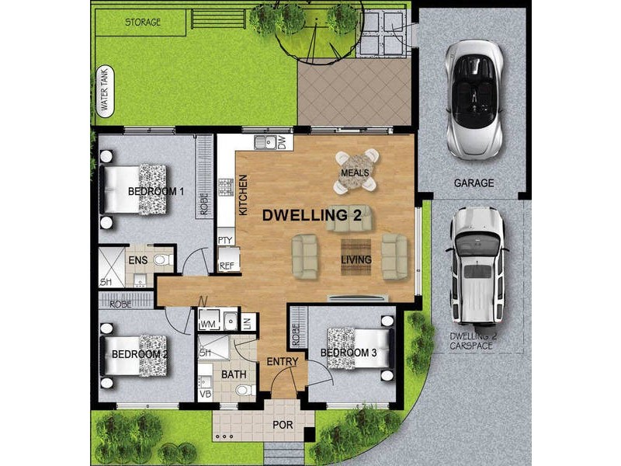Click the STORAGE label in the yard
point(143,23)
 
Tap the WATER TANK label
point(102,92)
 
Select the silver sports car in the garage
point(474,99)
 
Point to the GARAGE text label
point(474,184)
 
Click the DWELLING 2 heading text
point(311,214)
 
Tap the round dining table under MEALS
point(356,172)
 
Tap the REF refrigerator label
point(227,266)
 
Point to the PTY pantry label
point(226,241)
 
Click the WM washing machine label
point(207,322)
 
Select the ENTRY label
point(282,362)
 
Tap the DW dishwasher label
point(282,143)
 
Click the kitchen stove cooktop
point(226,186)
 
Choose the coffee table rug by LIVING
point(356,259)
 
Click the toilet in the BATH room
point(242,389)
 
